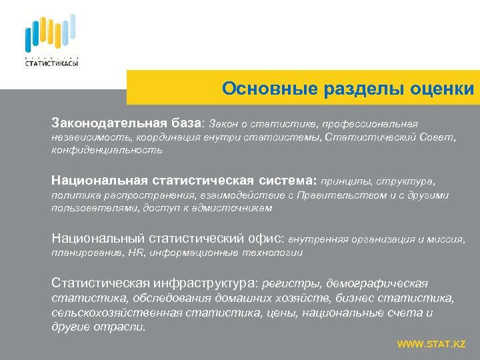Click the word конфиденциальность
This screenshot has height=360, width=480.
point(107,151)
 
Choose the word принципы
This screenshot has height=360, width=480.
point(346,181)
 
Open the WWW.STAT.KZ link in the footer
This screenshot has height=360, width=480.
point(431,344)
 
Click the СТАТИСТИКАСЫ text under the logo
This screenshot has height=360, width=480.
point(51,63)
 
